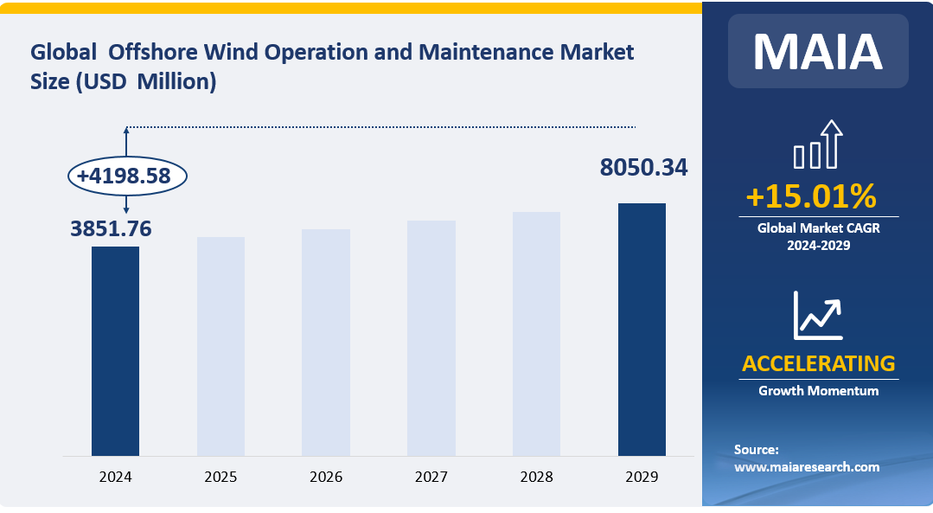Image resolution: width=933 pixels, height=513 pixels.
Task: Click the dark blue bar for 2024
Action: tap(115, 350)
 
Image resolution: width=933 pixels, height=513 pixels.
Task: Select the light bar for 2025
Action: tap(220, 346)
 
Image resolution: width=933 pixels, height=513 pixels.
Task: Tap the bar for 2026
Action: tap(326, 342)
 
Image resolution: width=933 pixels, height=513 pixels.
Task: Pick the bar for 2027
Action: tap(431, 337)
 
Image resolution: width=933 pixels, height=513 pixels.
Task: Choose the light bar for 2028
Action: tap(536, 333)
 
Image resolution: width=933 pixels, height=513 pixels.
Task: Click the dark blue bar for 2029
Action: tap(642, 329)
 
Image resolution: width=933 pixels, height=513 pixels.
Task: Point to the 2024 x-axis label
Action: tap(115, 477)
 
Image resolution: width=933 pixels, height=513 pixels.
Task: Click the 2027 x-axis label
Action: tap(431, 477)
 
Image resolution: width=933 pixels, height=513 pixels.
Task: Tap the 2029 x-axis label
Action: tap(642, 477)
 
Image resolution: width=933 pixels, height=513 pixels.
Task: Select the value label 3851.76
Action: tap(111, 228)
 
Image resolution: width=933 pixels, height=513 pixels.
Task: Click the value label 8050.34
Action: tap(644, 168)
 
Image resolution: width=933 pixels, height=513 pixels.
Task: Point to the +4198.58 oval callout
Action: tap(127, 176)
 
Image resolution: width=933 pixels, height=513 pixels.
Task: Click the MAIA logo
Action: tap(817, 52)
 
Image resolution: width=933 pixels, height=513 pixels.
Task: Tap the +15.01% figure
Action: tap(810, 197)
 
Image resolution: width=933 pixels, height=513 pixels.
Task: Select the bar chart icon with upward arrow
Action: tap(817, 144)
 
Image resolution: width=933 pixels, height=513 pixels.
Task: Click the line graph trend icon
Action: tap(817, 316)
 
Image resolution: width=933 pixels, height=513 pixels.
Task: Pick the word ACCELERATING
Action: tap(818, 362)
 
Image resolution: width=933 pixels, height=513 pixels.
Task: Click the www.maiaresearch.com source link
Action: tap(806, 467)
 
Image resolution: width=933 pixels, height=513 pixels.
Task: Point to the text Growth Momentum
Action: tap(818, 391)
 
